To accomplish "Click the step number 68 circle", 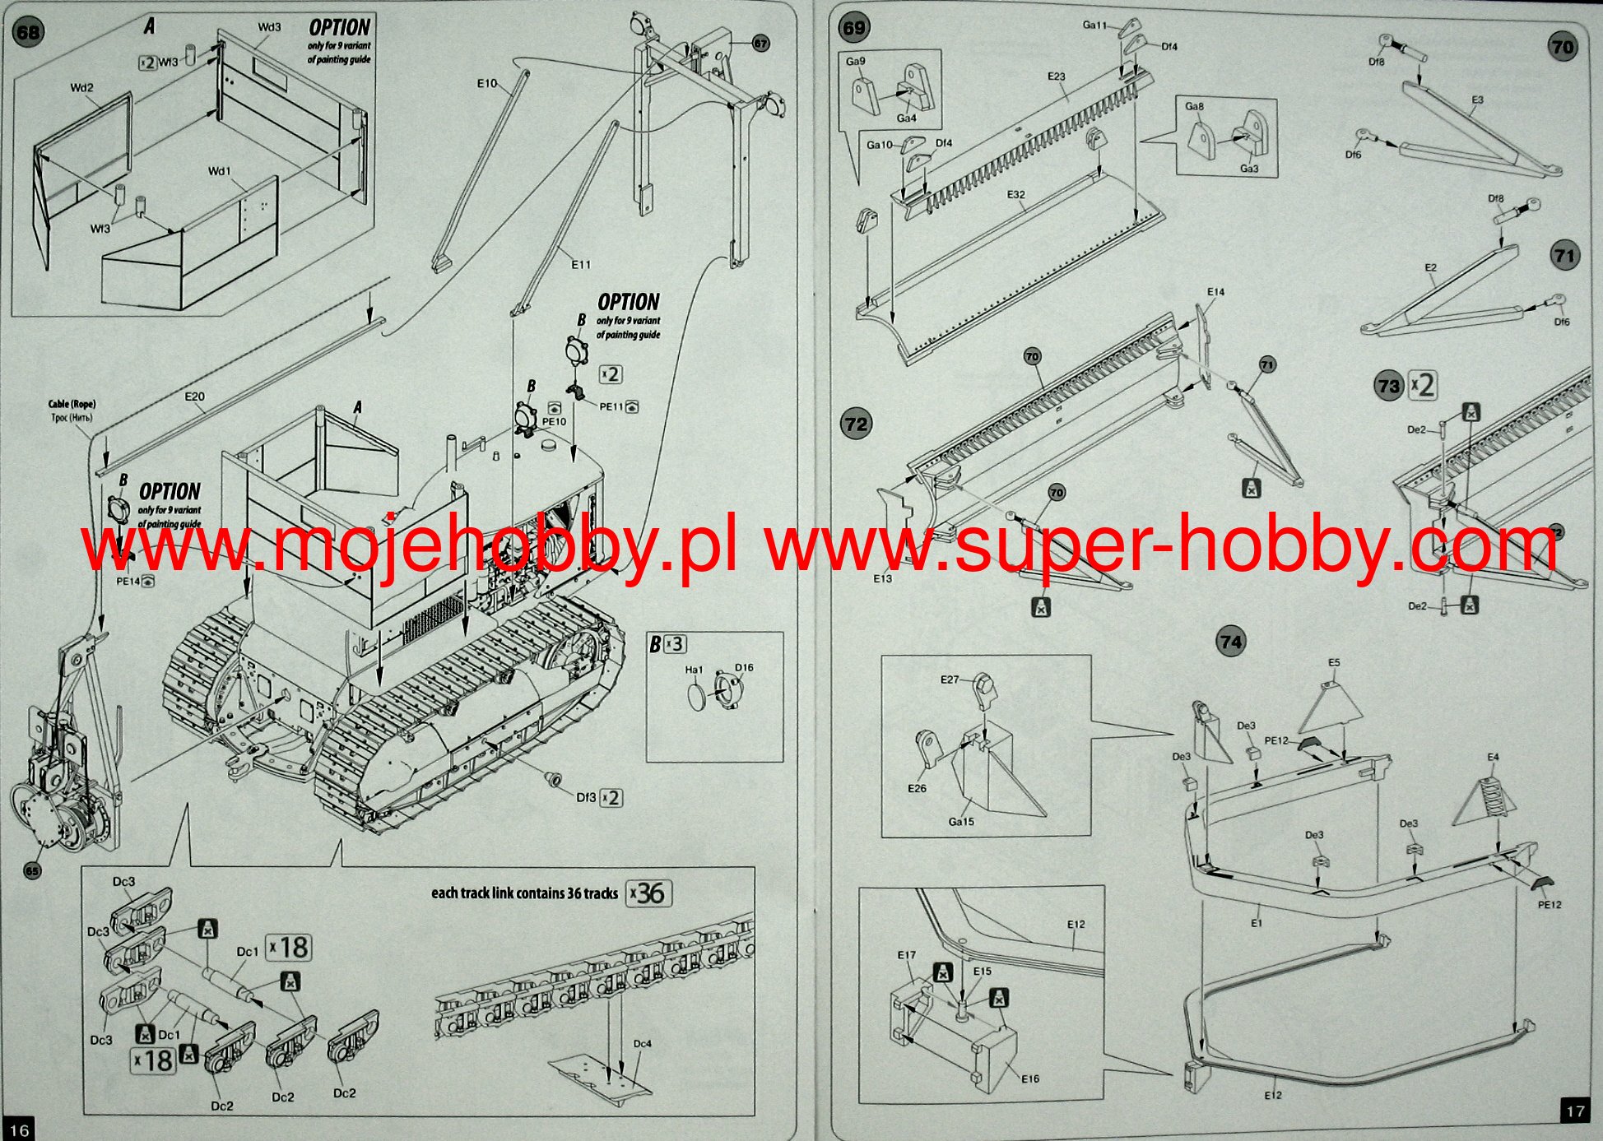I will coord(28,33).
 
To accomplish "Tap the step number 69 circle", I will coord(854,28).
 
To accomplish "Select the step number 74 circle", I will coord(1231,642).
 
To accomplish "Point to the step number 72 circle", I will coord(856,424).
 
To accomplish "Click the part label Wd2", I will coord(81,88).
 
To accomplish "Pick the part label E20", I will coord(194,397).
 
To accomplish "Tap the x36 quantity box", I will coord(649,893).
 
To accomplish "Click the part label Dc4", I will coord(642,1044).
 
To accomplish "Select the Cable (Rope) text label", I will coord(72,404).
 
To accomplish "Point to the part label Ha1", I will coord(694,670).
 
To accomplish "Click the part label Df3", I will coord(586,797).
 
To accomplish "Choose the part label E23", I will coord(1056,77).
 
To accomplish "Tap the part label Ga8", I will coord(1194,106).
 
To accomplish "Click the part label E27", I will coord(950,679).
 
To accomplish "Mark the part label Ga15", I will coord(961,821).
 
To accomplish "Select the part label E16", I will coord(1030,1078).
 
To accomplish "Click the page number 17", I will coord(1575,1111).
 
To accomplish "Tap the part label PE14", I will coord(128,582).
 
